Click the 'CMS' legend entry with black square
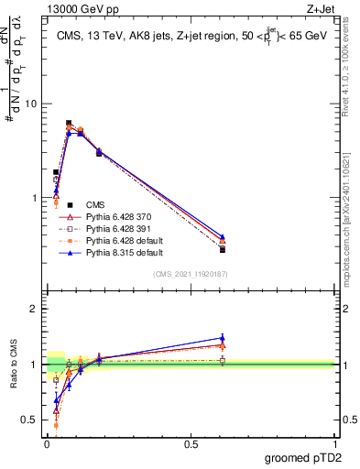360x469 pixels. click(95, 205)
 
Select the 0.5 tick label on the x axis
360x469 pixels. click(191, 445)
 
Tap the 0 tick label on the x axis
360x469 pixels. click(47, 445)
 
